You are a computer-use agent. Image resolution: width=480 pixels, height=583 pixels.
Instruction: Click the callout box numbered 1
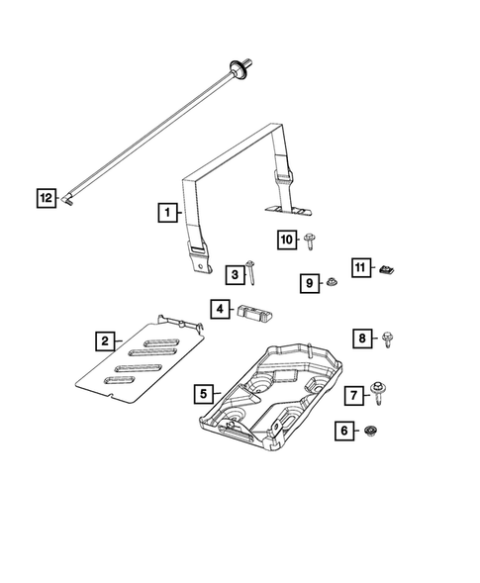click(x=167, y=212)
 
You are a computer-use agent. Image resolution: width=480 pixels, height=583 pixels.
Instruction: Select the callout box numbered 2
click(x=103, y=341)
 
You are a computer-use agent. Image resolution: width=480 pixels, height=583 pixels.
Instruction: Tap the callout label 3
click(x=234, y=273)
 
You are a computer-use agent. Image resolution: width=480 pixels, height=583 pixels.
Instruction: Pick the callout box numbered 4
click(x=219, y=310)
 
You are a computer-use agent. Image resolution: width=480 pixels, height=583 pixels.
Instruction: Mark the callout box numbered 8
click(x=363, y=340)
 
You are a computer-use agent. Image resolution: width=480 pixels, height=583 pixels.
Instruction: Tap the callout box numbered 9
click(x=309, y=284)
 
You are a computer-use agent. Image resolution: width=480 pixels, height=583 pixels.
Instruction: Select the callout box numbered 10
click(x=286, y=240)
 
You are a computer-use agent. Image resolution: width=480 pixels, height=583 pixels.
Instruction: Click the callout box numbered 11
click(x=360, y=267)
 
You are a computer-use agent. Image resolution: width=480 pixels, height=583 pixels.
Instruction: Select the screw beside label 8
click(x=387, y=340)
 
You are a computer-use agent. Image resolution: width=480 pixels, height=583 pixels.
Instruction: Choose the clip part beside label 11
click(x=388, y=268)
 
